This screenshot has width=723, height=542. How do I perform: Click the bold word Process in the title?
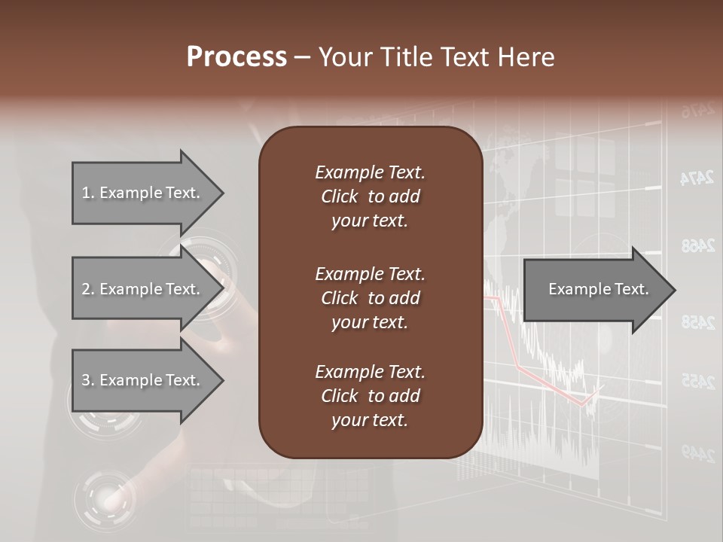(236, 57)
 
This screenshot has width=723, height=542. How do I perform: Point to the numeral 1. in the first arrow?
(88, 193)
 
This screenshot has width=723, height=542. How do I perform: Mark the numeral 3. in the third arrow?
(88, 380)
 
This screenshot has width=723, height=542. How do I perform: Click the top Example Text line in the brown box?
(370, 172)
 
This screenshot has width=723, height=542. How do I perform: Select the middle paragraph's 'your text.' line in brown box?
(370, 322)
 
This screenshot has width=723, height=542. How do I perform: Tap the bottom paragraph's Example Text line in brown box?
(370, 372)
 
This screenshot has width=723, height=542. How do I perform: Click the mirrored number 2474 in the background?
(697, 178)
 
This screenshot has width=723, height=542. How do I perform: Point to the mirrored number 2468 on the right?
(697, 245)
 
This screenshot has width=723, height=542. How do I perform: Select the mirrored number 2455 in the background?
(697, 382)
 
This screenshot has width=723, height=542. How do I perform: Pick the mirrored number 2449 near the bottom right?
(697, 452)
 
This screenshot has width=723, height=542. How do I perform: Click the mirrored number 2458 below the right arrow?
(697, 322)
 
